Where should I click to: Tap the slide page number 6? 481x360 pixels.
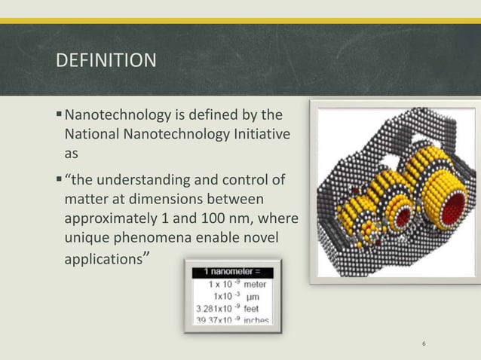[424, 345]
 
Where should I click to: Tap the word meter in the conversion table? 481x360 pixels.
[253, 285]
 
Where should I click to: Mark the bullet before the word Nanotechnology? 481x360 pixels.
[60, 116]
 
